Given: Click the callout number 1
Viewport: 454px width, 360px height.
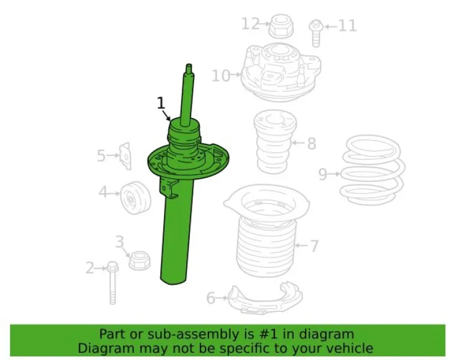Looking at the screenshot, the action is click(x=161, y=103).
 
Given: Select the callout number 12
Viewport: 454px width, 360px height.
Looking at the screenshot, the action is click(x=250, y=23).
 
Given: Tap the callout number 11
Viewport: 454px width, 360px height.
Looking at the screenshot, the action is click(x=347, y=26).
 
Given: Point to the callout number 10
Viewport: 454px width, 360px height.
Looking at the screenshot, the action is click(x=221, y=76).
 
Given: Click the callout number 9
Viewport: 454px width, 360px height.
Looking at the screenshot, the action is click(x=322, y=175).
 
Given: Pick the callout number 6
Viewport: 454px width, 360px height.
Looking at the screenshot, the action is click(x=211, y=298).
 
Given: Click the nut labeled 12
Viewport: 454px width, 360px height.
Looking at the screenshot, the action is click(x=281, y=26).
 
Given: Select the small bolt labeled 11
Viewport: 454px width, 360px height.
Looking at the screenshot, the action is click(x=316, y=33).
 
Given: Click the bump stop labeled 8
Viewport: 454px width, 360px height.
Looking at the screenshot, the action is click(x=275, y=142).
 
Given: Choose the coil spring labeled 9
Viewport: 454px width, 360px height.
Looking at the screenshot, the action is click(x=373, y=170).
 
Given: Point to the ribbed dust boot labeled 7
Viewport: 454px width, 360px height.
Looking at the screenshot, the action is click(x=267, y=232).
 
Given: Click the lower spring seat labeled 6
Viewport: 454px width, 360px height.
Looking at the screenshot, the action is click(x=265, y=298).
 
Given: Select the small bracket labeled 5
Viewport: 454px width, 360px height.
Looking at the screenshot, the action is click(x=126, y=156).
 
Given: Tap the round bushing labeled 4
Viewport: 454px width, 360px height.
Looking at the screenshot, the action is click(x=136, y=198).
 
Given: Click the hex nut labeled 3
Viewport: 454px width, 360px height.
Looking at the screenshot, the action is click(x=139, y=261).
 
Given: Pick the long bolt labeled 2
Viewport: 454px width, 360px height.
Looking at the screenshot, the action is click(x=113, y=283).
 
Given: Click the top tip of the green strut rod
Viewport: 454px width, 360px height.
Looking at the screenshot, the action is click(x=189, y=65).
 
